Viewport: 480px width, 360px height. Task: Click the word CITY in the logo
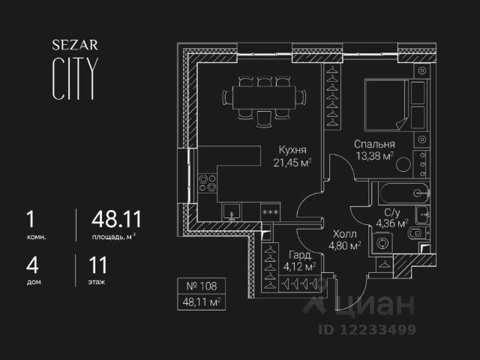click(73, 77)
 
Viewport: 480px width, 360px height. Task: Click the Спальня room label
click(374, 144)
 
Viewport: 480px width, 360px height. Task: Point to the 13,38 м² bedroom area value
click(374, 156)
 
